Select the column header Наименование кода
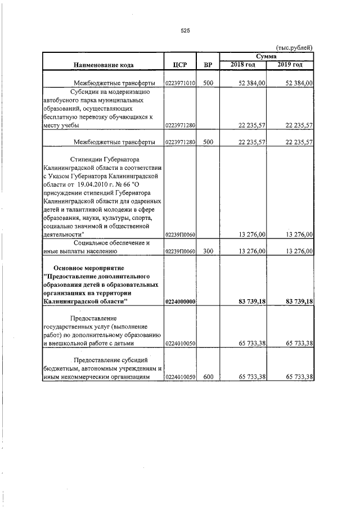pos(103,65)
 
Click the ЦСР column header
pos(181,65)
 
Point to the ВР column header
pos(208,65)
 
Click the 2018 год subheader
pos(243,65)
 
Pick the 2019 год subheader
pos(290,65)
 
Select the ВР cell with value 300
pos(208,252)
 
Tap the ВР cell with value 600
pos(208,377)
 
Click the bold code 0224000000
pos(181,302)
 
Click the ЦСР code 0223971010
pos(181,83)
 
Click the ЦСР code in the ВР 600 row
pos(181,377)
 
